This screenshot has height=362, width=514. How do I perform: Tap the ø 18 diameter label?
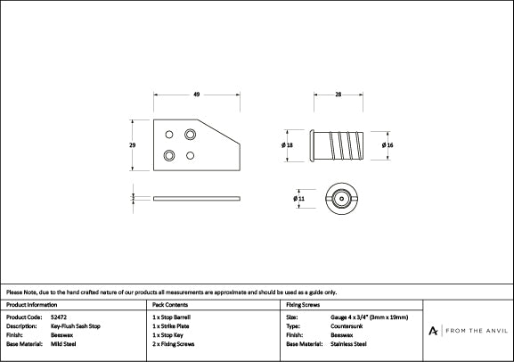click(x=287, y=144)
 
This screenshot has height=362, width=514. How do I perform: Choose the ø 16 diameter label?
click(x=388, y=144)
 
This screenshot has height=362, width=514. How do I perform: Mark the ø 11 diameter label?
click(x=298, y=198)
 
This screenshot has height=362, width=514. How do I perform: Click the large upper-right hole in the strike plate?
click(x=190, y=134)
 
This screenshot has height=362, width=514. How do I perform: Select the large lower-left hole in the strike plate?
click(x=169, y=155)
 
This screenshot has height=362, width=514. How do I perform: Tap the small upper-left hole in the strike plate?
click(x=169, y=135)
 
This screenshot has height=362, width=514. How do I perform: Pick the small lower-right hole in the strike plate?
click(x=190, y=155)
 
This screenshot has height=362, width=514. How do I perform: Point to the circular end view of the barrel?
click(x=339, y=198)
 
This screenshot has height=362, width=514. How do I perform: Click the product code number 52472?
click(x=58, y=317)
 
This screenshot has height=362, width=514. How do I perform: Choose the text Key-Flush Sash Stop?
click(x=76, y=326)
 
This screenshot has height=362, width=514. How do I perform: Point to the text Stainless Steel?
click(x=349, y=343)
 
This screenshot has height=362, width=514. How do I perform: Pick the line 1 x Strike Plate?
click(x=172, y=326)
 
